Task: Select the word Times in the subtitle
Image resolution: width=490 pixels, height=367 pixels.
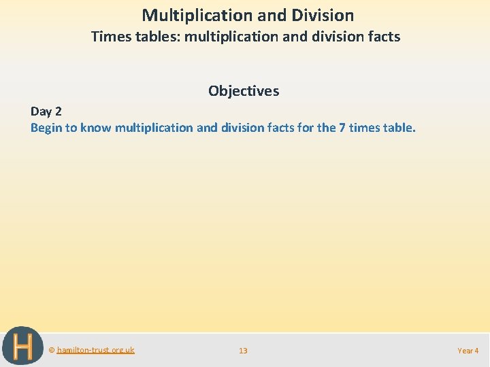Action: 108,37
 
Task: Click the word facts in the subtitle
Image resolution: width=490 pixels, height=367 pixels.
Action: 383,37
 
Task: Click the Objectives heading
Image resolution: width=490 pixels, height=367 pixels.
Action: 244,90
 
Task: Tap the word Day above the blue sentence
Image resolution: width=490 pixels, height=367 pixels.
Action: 42,111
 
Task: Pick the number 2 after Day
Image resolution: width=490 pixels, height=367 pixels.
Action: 58,111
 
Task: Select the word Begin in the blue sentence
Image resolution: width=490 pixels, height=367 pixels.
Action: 46,127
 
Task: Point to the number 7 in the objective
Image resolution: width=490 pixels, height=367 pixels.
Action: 342,127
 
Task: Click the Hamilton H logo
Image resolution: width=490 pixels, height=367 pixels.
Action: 22,347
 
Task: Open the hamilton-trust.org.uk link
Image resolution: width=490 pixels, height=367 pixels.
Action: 95,350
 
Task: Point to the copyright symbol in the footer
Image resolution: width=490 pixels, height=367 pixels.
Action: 52,350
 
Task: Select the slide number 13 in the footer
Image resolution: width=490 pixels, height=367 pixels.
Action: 243,351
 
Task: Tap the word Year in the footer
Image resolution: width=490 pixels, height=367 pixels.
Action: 465,351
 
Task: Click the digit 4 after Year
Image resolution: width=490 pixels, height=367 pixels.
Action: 476,351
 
